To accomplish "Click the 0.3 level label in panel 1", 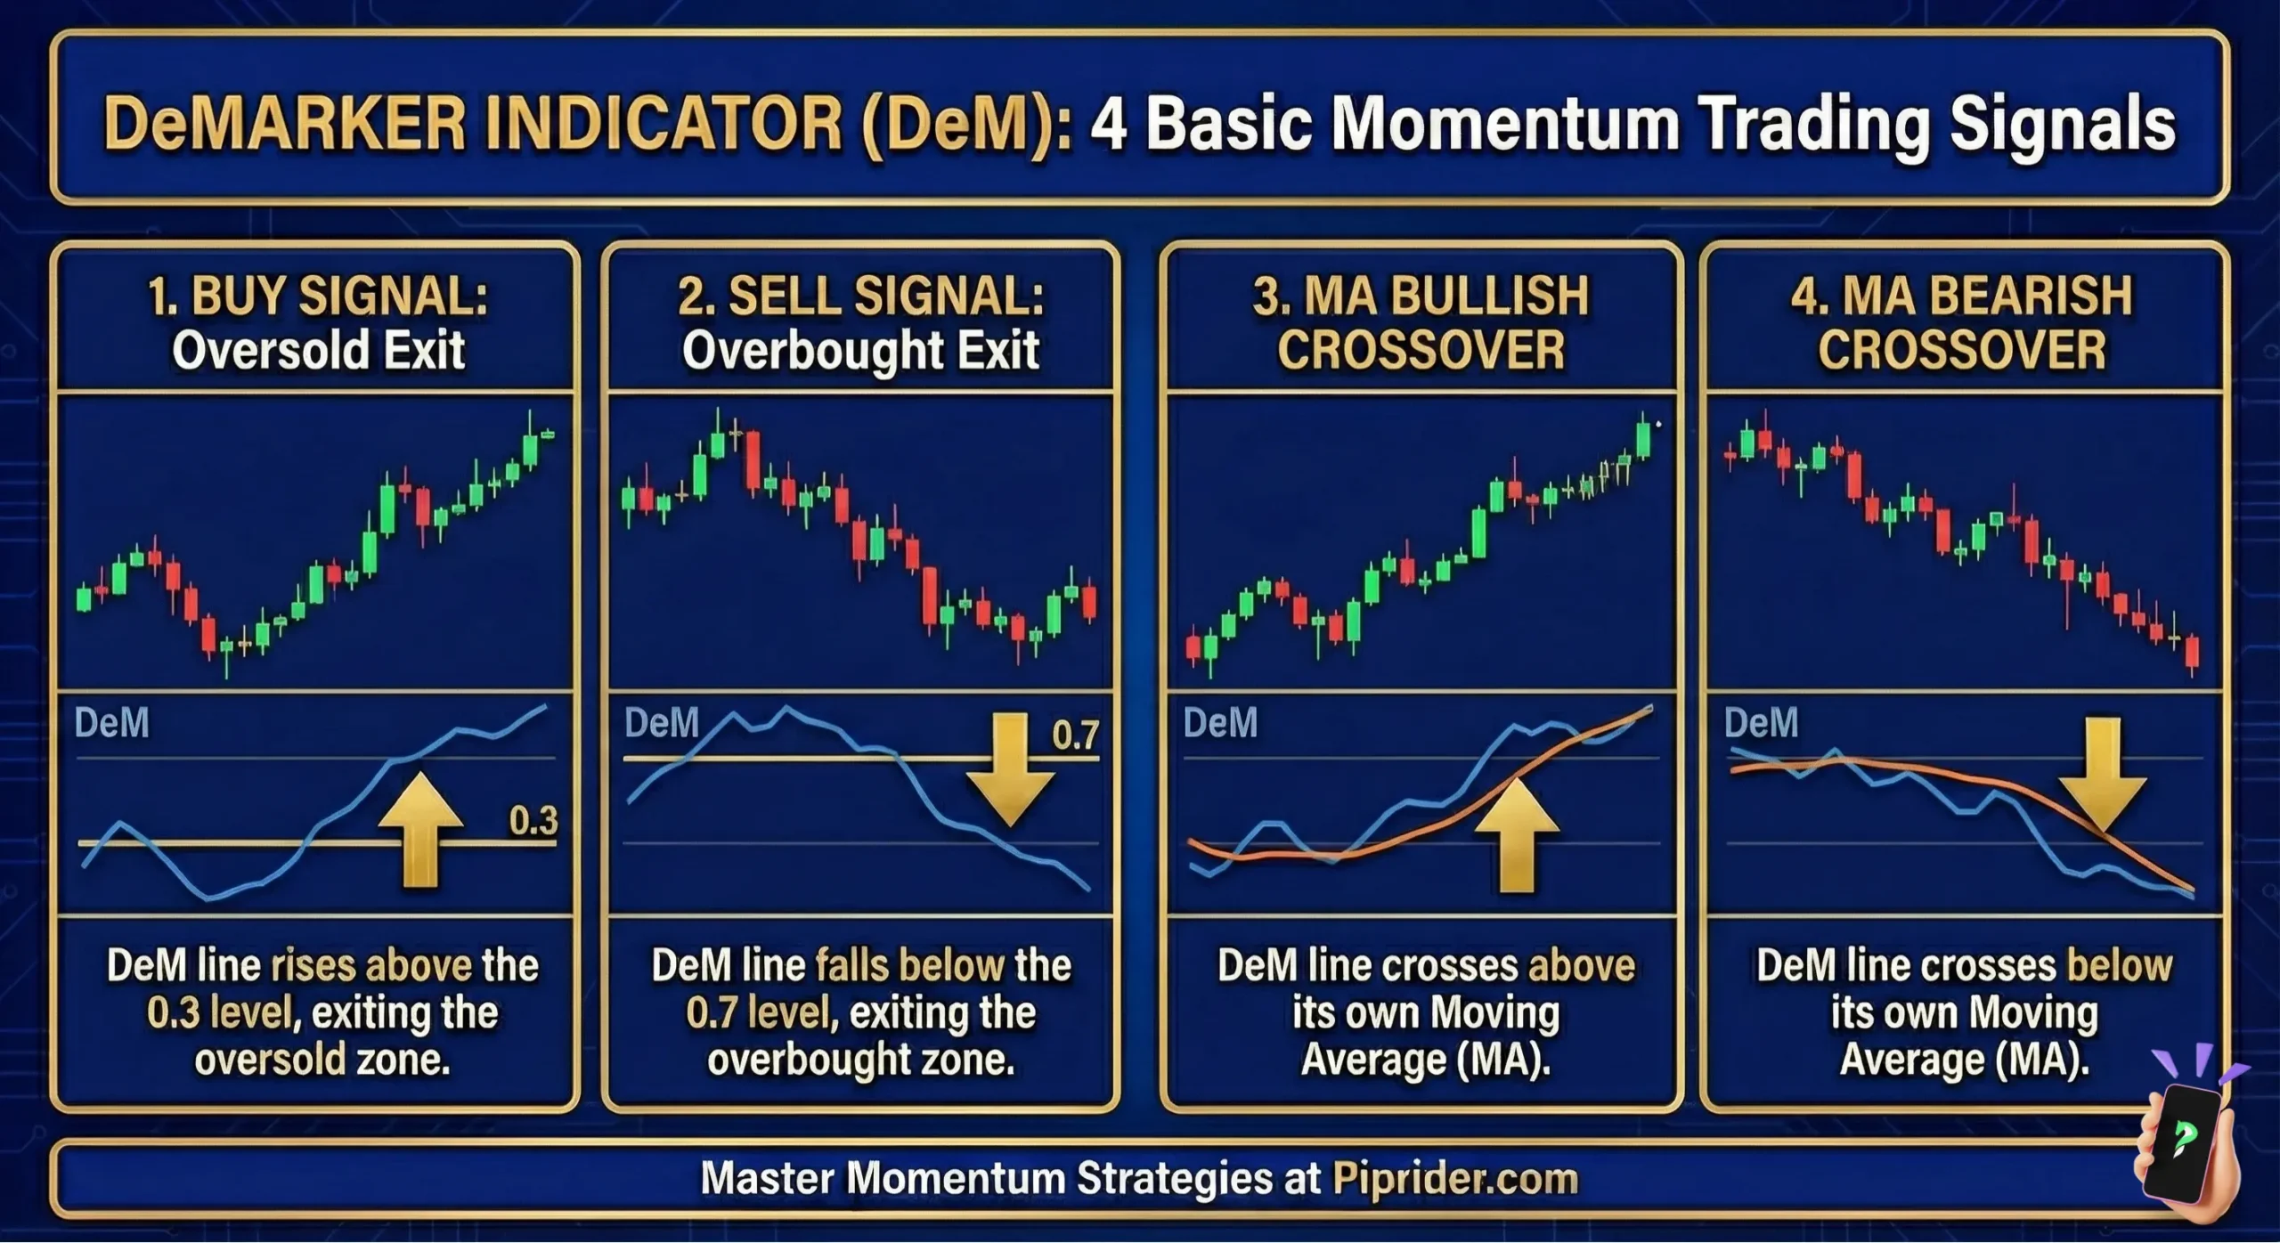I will pos(533,820).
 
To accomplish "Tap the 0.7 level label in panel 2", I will pos(1075,735).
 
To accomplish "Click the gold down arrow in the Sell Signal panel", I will pos(1010,768).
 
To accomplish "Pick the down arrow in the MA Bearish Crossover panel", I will pos(2102,774).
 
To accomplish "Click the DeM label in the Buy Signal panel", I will pos(112,723).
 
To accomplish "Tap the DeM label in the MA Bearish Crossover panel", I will pos(1761,722).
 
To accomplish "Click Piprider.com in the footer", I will pos(1455,1179).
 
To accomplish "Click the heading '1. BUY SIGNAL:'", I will pos(318,296).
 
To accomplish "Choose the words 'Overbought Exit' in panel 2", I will pos(860,351).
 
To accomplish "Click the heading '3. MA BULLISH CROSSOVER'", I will pos(1421,322).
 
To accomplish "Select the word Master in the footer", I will pos(766,1179).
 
